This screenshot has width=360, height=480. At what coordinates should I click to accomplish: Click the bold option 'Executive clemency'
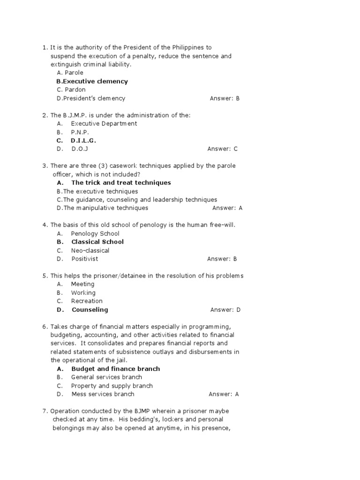pyautogui.click(x=92, y=82)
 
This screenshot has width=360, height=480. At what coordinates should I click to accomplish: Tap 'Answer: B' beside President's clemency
pyautogui.click(x=225, y=98)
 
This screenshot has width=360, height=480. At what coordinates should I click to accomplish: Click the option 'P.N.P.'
pyautogui.click(x=80, y=132)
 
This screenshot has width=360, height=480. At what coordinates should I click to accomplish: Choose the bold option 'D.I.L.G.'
pyautogui.click(x=83, y=141)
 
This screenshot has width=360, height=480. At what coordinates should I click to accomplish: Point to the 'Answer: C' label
pyautogui.click(x=223, y=149)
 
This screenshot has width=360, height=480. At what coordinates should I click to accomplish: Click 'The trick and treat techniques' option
pyautogui.click(x=120, y=183)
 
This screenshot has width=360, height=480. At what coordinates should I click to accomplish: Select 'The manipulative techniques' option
pyautogui.click(x=102, y=208)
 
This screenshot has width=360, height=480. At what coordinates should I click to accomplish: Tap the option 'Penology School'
pyautogui.click(x=95, y=233)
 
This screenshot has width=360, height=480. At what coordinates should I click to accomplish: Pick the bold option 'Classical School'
pyautogui.click(x=97, y=242)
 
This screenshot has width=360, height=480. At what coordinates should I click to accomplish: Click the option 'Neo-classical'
pyautogui.click(x=90, y=250)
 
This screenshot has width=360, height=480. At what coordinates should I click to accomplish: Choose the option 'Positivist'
pyautogui.click(x=84, y=259)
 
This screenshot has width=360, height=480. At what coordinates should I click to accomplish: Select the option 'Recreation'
pyautogui.click(x=87, y=301)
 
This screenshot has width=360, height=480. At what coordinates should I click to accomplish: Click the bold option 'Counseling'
pyautogui.click(x=90, y=310)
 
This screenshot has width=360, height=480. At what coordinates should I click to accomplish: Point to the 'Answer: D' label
pyautogui.click(x=225, y=310)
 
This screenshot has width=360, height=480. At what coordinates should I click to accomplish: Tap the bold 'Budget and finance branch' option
pyautogui.click(x=115, y=369)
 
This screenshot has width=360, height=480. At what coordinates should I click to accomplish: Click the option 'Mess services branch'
pyautogui.click(x=102, y=394)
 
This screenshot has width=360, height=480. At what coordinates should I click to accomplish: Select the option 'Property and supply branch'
pyautogui.click(x=112, y=386)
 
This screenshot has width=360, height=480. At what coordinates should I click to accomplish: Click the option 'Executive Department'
pyautogui.click(x=104, y=124)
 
